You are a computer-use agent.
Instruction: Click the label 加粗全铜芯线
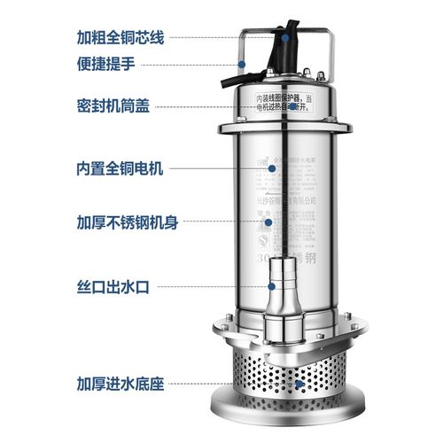click(x=120, y=38)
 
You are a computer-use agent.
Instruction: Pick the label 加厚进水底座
click(x=120, y=385)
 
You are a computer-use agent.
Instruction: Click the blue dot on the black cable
click(x=285, y=37)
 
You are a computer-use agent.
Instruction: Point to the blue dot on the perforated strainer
click(x=301, y=385)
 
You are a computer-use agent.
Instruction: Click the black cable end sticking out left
click(x=230, y=82)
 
